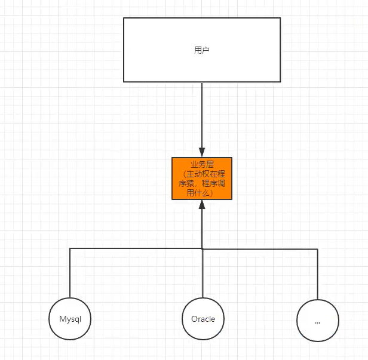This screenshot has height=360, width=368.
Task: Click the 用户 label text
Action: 202,50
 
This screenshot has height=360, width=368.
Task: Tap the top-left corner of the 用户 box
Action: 124,18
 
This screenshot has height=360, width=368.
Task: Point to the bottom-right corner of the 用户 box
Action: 280,82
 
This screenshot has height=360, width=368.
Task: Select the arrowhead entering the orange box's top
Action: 202,153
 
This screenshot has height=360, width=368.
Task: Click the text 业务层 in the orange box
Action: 202,163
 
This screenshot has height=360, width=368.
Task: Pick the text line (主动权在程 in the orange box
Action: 202,173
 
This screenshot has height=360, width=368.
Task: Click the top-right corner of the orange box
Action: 232,158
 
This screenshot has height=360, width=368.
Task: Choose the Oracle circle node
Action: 203,319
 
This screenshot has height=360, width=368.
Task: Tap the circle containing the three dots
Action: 317,321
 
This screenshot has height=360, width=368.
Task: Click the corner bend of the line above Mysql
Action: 70,248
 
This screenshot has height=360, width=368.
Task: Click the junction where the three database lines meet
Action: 202,248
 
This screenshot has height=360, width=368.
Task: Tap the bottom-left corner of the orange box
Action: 172,199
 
